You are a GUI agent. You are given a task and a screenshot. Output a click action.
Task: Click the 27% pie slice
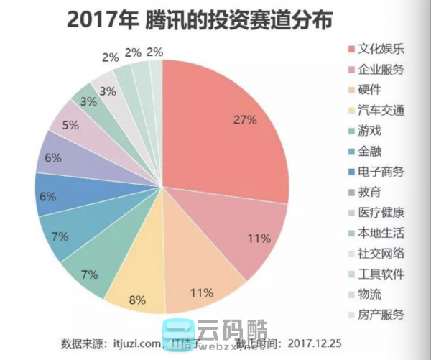(x=230, y=129)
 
